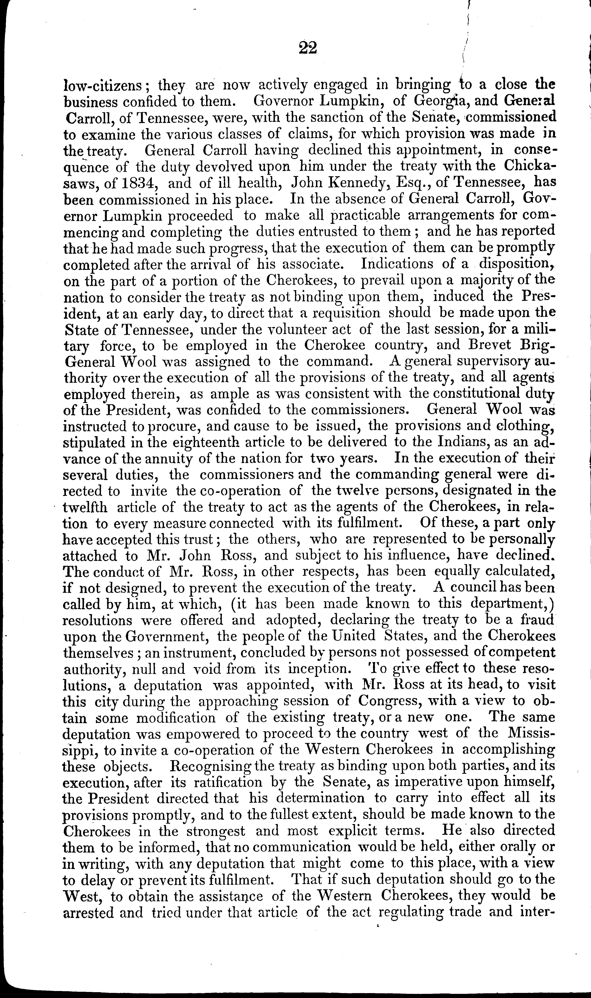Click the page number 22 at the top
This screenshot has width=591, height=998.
(x=307, y=48)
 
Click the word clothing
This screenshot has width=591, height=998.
(x=519, y=426)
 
